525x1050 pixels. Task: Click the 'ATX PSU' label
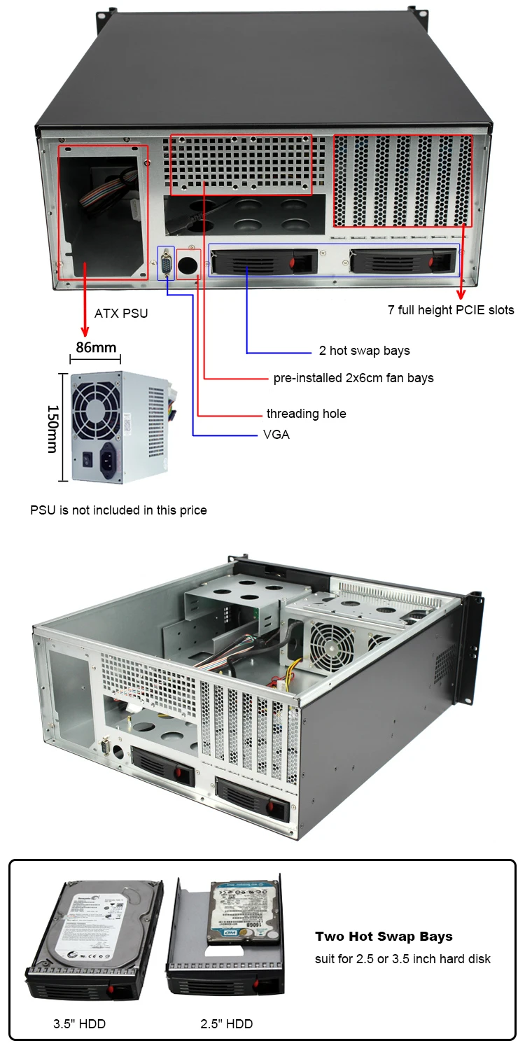coord(121,313)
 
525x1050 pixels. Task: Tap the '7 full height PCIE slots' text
coord(451,309)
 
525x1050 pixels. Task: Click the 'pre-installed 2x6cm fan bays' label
coord(353,378)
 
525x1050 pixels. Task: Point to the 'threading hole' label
coord(306,414)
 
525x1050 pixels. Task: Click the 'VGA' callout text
coord(276,435)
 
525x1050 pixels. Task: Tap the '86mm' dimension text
coord(97,348)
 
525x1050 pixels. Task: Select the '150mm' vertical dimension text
coord(52,428)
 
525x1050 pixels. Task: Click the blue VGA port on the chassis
coord(167,263)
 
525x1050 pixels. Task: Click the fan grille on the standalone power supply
coord(97,409)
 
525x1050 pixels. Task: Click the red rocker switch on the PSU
coord(87,460)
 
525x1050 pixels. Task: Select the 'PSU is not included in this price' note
coord(118,510)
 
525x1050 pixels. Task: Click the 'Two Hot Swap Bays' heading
coord(384,937)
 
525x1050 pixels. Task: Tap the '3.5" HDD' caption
coord(79,1024)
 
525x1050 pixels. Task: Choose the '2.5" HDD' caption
coord(226,1024)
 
